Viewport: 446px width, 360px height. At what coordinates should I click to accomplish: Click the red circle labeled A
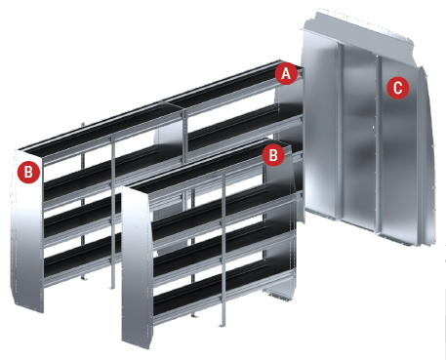286,74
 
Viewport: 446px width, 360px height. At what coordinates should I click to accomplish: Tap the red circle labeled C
397,88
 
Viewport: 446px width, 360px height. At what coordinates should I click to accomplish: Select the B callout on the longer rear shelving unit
28,172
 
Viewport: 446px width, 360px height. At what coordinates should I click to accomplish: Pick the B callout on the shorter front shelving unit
273,155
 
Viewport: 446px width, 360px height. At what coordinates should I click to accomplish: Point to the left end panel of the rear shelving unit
27,231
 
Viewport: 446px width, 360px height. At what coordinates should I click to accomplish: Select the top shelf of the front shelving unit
208,168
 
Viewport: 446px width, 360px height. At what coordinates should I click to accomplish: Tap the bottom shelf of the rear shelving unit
81,261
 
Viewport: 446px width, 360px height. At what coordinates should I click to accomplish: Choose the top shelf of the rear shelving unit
159,107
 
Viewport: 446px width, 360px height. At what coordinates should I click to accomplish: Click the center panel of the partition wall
359,137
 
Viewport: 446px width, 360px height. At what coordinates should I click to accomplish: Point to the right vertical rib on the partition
379,143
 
